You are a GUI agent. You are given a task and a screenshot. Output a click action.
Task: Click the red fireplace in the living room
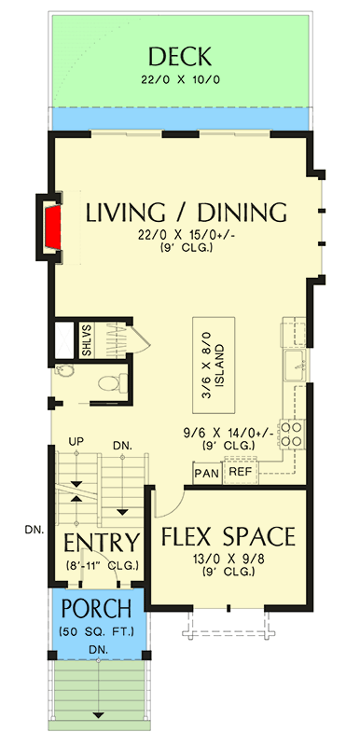pyautogui.click(x=53, y=225)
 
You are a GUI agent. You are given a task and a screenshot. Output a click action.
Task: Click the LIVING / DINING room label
pyautogui.click(x=186, y=212)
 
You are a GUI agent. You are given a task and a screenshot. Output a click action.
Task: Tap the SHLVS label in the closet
pyautogui.click(x=87, y=340)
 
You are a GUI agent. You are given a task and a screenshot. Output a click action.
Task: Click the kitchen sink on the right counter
pyautogui.click(x=293, y=363)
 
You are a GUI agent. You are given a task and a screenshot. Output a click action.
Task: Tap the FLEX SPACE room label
pyautogui.click(x=228, y=537)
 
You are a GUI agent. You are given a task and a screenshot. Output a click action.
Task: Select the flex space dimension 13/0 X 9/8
pyautogui.click(x=228, y=559)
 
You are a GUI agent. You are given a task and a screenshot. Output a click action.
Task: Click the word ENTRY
pyautogui.click(x=102, y=543)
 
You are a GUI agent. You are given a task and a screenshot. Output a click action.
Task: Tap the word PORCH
pyautogui.click(x=98, y=611)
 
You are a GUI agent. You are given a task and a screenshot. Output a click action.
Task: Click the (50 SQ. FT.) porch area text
pyautogui.click(x=98, y=632)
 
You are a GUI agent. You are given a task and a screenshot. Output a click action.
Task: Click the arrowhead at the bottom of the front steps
pyautogui.click(x=97, y=716)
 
